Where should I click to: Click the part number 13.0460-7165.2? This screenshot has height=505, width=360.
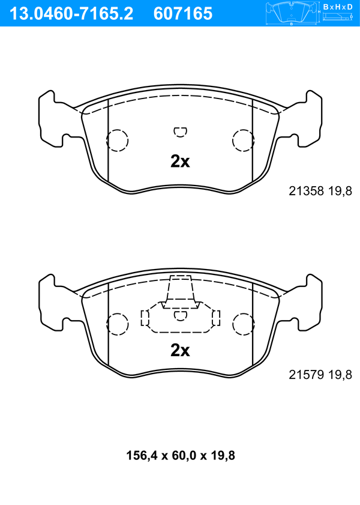click(69, 13)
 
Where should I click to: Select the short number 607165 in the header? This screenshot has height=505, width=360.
click(184, 13)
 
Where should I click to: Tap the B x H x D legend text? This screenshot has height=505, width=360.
click(338, 7)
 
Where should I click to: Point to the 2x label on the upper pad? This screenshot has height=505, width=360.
click(180, 162)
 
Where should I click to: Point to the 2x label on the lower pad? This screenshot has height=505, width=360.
click(180, 350)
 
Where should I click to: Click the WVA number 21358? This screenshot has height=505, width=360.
click(306, 191)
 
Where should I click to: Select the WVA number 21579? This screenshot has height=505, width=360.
click(306, 375)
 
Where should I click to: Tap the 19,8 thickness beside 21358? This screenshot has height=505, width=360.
click(339, 191)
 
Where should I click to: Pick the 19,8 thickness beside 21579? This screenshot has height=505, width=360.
click(339, 375)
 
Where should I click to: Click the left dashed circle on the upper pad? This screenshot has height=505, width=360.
click(118, 140)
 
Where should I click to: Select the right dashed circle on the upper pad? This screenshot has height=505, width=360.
click(243, 140)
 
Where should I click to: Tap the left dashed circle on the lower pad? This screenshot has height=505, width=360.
click(118, 324)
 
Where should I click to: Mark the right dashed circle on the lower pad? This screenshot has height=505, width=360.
click(243, 324)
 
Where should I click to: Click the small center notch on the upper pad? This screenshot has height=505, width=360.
click(180, 131)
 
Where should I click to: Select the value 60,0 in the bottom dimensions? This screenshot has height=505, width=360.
click(180, 456)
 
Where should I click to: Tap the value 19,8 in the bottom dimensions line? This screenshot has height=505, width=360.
click(221, 456)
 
